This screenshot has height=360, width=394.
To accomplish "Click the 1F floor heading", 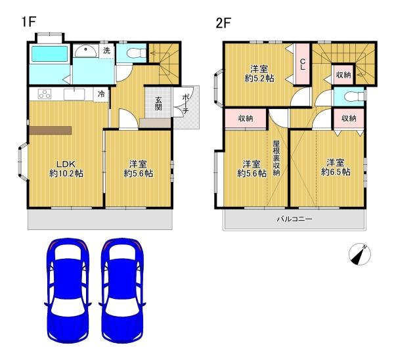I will (x=28, y=22).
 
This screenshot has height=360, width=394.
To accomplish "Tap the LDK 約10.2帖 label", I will (x=66, y=168).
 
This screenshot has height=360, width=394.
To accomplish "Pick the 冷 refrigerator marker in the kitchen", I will (x=101, y=94).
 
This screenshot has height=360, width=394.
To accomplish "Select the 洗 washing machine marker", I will (x=106, y=51).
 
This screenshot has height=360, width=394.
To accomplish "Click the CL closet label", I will (x=303, y=64).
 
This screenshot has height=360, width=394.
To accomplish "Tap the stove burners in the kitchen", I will (x=45, y=94).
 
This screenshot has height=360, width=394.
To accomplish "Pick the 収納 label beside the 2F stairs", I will (x=343, y=75).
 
